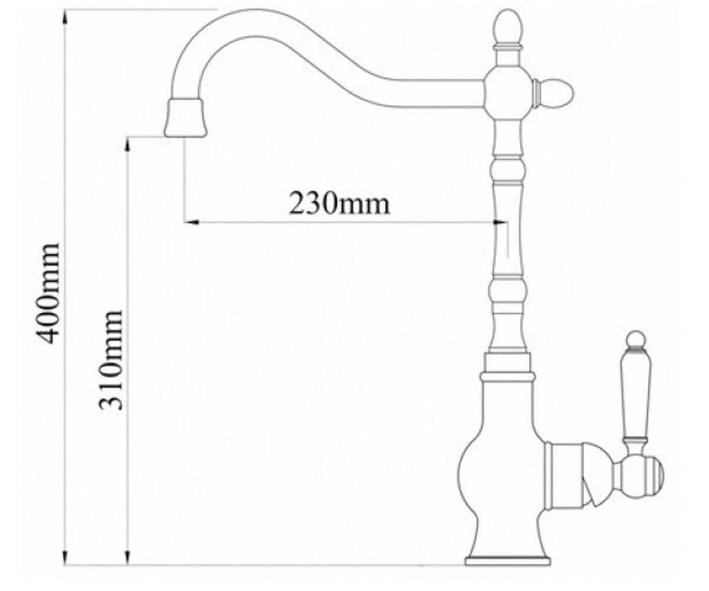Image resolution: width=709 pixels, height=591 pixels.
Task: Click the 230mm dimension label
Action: (x=339, y=204)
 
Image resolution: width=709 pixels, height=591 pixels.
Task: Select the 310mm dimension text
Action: (x=110, y=360)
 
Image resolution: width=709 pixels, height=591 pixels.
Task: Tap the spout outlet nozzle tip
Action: (x=186, y=118)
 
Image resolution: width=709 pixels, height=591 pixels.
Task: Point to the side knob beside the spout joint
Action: (x=554, y=92)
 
